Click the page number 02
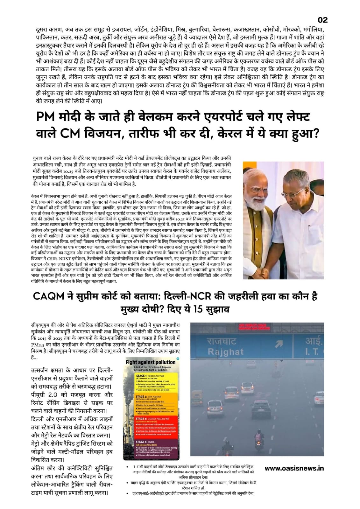pos(322,20)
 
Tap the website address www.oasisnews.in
pos(294,468)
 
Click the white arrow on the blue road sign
pos(279,344)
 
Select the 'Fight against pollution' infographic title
pos(151,362)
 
